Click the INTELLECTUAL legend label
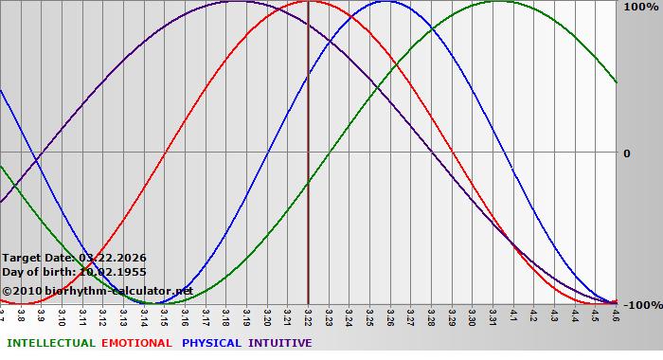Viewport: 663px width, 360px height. click(x=50, y=343)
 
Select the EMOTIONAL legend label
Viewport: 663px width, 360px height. click(x=136, y=343)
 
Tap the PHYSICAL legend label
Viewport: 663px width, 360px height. click(x=212, y=343)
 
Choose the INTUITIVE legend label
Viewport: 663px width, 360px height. click(x=279, y=343)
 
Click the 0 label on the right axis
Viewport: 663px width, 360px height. click(x=626, y=153)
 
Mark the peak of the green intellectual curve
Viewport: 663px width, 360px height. click(x=499, y=1)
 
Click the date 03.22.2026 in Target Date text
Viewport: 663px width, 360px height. click(x=113, y=257)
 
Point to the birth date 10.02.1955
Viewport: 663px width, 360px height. click(x=113, y=273)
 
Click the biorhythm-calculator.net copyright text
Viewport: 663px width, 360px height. click(x=97, y=291)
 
